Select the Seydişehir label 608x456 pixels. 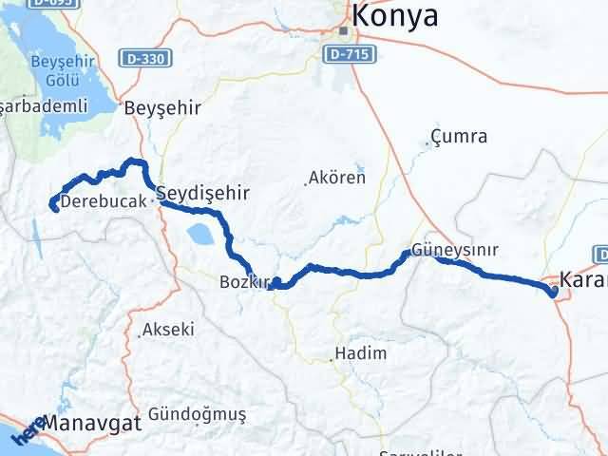point(203,193)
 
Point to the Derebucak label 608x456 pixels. point(104,201)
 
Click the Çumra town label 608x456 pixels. point(458,137)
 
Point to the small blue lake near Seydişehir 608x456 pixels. point(200,234)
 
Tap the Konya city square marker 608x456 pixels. point(344,30)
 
